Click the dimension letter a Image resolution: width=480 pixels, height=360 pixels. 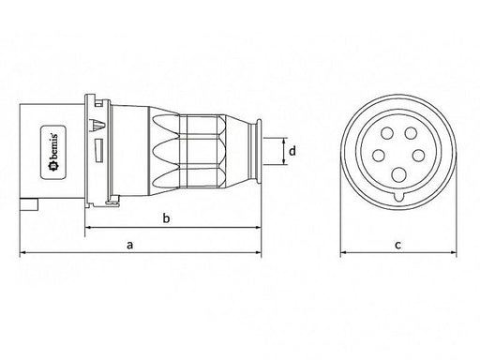[x=129, y=245]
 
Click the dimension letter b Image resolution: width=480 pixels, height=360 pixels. [x=167, y=217]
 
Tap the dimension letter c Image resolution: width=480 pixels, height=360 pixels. [x=397, y=245]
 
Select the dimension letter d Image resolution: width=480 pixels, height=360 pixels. [x=292, y=151]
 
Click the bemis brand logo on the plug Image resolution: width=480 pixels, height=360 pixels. [x=53, y=153]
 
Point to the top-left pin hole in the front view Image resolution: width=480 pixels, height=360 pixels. [x=387, y=133]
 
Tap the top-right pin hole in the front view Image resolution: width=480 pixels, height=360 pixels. [x=411, y=133]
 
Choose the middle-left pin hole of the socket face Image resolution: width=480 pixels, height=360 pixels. [x=379, y=156]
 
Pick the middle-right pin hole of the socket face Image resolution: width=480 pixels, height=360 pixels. [x=418, y=156]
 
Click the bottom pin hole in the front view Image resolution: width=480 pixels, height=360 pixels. [x=399, y=174]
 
